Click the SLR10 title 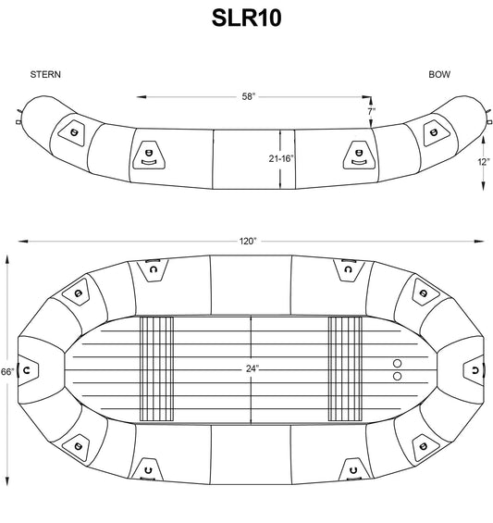click(246, 18)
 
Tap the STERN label click(45, 74)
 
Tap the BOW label click(439, 74)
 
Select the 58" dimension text click(248, 96)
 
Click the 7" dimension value click(372, 111)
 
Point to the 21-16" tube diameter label click(281, 158)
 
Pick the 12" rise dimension click(484, 162)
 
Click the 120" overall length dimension click(248, 241)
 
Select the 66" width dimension click(7, 371)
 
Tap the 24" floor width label click(253, 368)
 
